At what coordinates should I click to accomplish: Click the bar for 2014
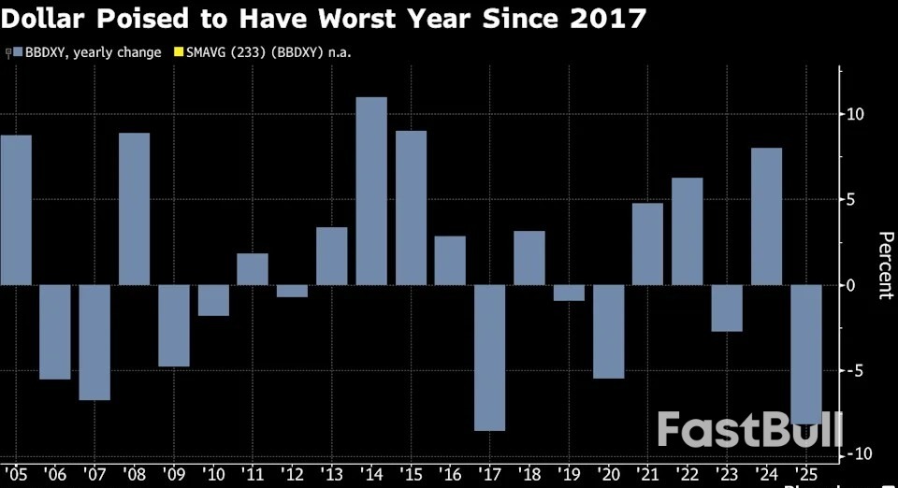[x=371, y=191]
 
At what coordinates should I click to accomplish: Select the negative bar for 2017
[x=490, y=357]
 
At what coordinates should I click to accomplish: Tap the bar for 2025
[x=805, y=353]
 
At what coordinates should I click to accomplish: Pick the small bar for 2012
[x=292, y=291]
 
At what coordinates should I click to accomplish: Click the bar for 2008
[x=134, y=208]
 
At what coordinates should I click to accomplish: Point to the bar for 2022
[x=688, y=231]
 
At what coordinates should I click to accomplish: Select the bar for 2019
[x=569, y=293]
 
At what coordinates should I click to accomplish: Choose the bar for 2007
[x=94, y=342]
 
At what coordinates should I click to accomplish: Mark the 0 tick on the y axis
[x=851, y=285]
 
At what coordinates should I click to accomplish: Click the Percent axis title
[x=884, y=266]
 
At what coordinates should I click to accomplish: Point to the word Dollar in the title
[x=43, y=19]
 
